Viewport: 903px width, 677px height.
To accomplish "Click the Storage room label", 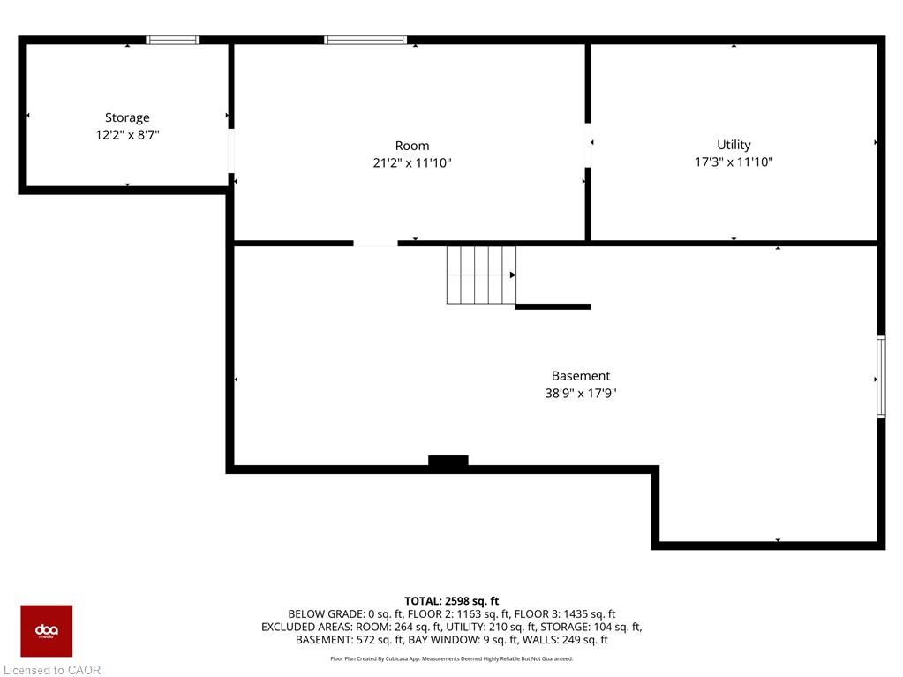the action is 127,117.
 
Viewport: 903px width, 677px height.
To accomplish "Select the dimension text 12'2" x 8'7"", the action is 127,135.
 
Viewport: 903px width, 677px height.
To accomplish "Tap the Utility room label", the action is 734,145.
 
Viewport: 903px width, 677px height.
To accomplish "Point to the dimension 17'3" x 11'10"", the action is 734,162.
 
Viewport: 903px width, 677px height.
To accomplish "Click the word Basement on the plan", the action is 581,376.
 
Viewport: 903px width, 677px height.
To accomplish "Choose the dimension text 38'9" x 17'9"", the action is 581,393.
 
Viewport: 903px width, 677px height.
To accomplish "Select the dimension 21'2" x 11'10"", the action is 412,163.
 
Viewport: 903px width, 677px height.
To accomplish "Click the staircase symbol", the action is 481,275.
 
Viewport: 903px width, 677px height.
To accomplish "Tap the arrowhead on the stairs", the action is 513,275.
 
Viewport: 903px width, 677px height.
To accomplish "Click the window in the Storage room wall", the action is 173,40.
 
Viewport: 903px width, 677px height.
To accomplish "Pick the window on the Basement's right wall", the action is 881,377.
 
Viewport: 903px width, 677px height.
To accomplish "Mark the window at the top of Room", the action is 365,40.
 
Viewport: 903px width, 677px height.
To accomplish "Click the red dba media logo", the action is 47,631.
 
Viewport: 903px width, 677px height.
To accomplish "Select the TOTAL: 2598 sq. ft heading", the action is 452,601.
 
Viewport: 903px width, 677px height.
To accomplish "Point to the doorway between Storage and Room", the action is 231,151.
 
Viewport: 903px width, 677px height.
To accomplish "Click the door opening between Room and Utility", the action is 588,145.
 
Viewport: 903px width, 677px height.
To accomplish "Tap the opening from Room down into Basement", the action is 375,244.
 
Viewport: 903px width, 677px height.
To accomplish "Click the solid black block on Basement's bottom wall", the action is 448,461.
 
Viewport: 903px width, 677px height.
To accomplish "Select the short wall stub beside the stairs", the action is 553,307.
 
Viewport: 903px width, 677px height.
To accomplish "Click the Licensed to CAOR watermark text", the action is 52,670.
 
